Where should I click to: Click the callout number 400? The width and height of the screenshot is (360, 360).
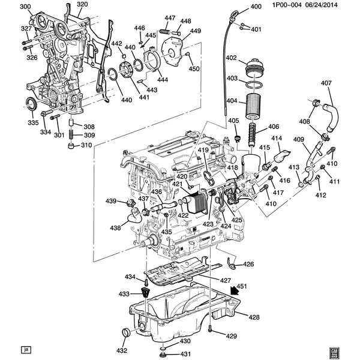[x=256, y=7]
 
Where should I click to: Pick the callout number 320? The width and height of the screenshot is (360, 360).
[x=82, y=5]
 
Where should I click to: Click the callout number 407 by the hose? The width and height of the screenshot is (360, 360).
[x=326, y=83]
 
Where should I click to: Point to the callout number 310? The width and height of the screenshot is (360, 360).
[x=87, y=145]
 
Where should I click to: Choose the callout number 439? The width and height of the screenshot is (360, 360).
[x=112, y=201]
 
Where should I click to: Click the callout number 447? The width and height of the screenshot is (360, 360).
[x=170, y=19]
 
